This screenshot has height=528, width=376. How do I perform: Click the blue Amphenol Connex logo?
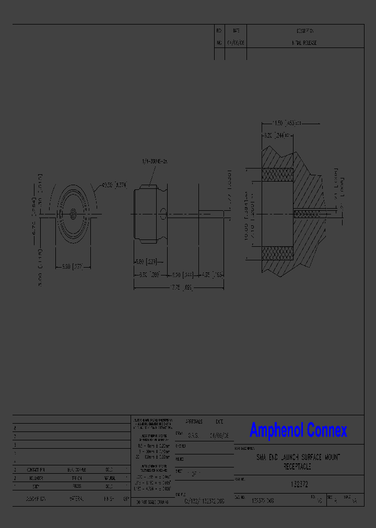(x=298, y=430)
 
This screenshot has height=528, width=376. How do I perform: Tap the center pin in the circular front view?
(x=73, y=213)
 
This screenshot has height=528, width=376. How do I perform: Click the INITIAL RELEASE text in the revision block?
(x=304, y=43)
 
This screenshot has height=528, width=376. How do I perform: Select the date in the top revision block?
(x=236, y=43)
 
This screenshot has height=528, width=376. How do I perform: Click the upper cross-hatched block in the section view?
(x=277, y=174)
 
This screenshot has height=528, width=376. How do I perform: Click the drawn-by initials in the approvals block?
(x=193, y=435)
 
